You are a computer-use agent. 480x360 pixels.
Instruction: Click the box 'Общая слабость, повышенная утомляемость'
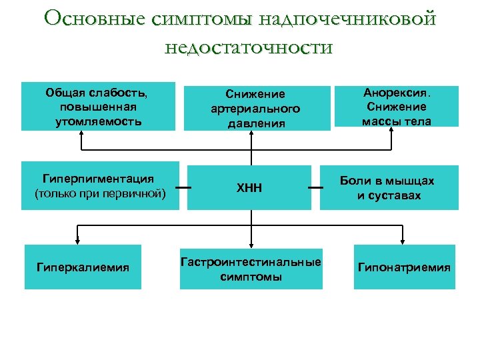click(98, 106)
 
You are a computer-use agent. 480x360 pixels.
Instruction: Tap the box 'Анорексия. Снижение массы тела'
click(396, 105)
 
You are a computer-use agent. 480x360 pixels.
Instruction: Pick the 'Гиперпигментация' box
click(100, 186)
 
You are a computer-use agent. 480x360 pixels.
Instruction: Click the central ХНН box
click(249, 188)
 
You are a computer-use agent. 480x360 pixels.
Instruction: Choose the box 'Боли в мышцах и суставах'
click(389, 188)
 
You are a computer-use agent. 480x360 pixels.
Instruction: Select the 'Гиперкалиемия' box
click(83, 267)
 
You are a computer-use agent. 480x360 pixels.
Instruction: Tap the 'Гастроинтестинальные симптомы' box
click(251, 269)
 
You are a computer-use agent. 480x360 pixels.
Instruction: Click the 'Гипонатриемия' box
click(404, 267)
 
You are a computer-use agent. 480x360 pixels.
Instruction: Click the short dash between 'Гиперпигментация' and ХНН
click(183, 188)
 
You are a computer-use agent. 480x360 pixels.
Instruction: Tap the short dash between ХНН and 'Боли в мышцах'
click(315, 188)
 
